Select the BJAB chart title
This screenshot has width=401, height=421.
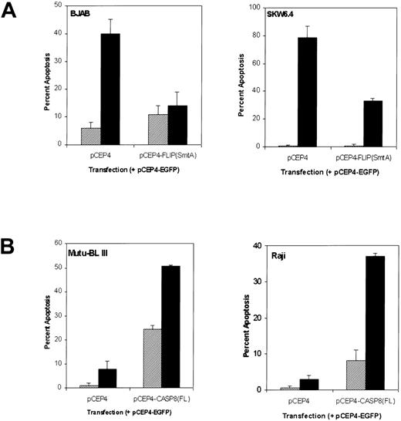pyautogui.click(x=76, y=13)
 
